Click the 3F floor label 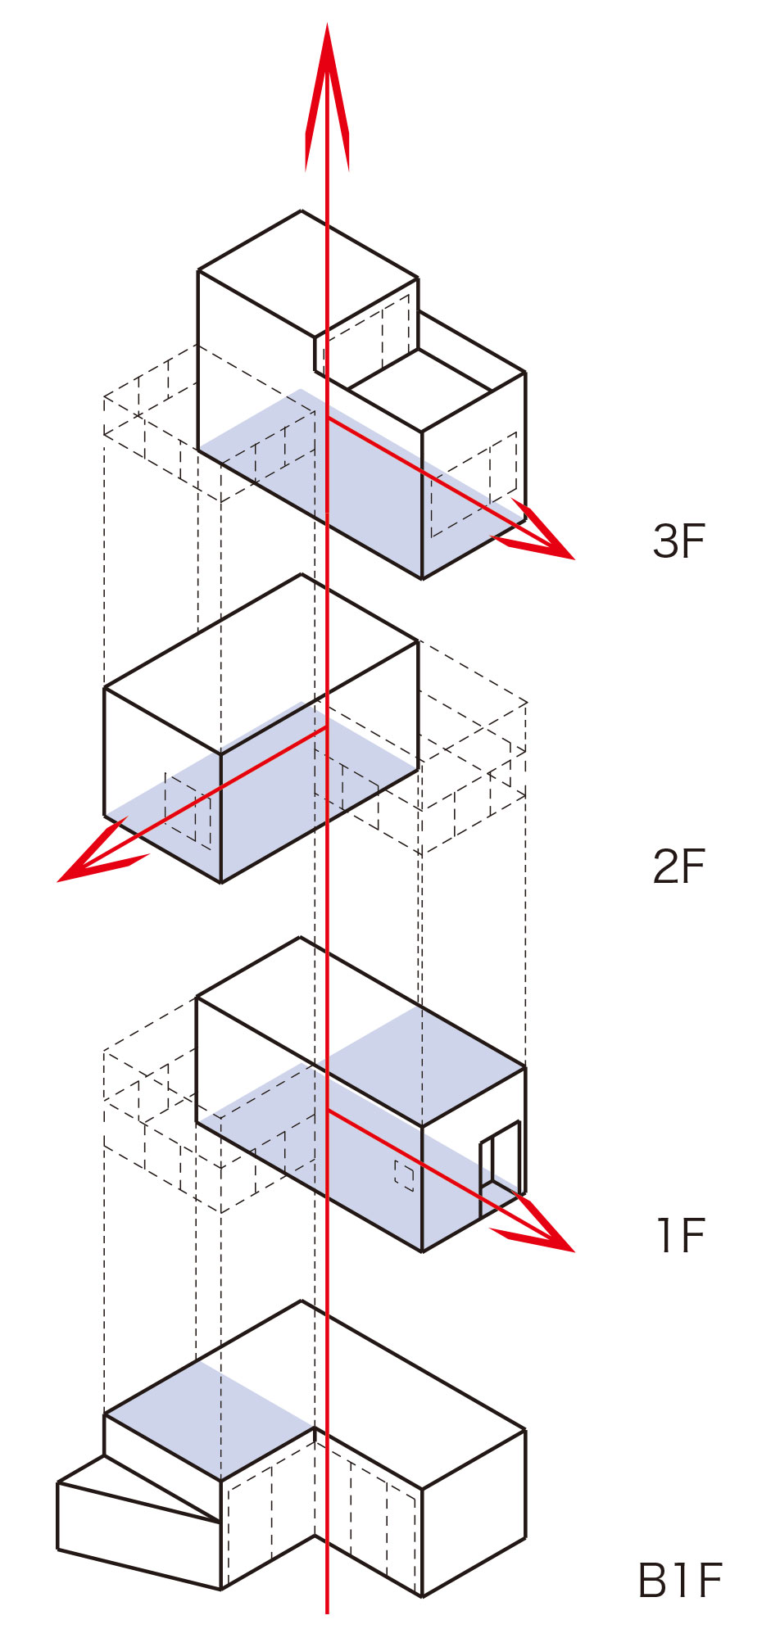coord(679,541)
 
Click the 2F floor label coord(679,866)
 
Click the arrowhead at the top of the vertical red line coord(327,98)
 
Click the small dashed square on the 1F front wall coord(404,1174)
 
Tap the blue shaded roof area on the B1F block coord(210,1421)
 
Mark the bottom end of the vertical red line coord(327,1613)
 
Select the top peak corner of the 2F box coord(301,574)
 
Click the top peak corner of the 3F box coord(301,210)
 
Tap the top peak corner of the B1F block coord(301,1301)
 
